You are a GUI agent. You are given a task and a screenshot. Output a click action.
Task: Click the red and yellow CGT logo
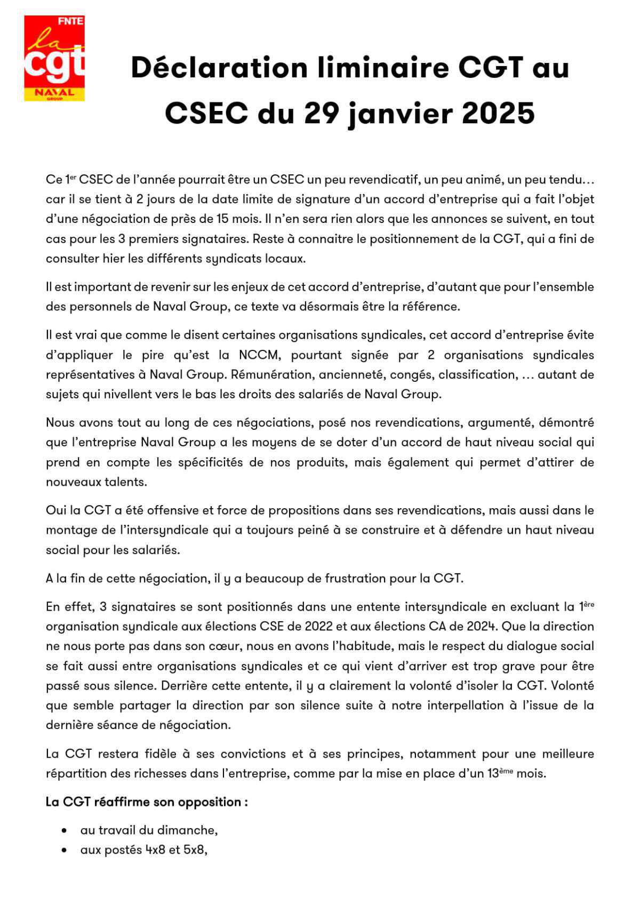click(x=54, y=58)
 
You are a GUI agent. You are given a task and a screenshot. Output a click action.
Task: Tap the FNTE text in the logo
click(x=70, y=21)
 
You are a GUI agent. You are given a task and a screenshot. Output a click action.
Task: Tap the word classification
click(x=477, y=375)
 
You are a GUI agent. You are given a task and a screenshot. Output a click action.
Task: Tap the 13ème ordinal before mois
click(x=500, y=773)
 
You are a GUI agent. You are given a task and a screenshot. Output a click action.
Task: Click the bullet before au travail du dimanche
click(x=65, y=831)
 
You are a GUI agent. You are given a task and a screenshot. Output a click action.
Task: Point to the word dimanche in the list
click(x=188, y=831)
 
